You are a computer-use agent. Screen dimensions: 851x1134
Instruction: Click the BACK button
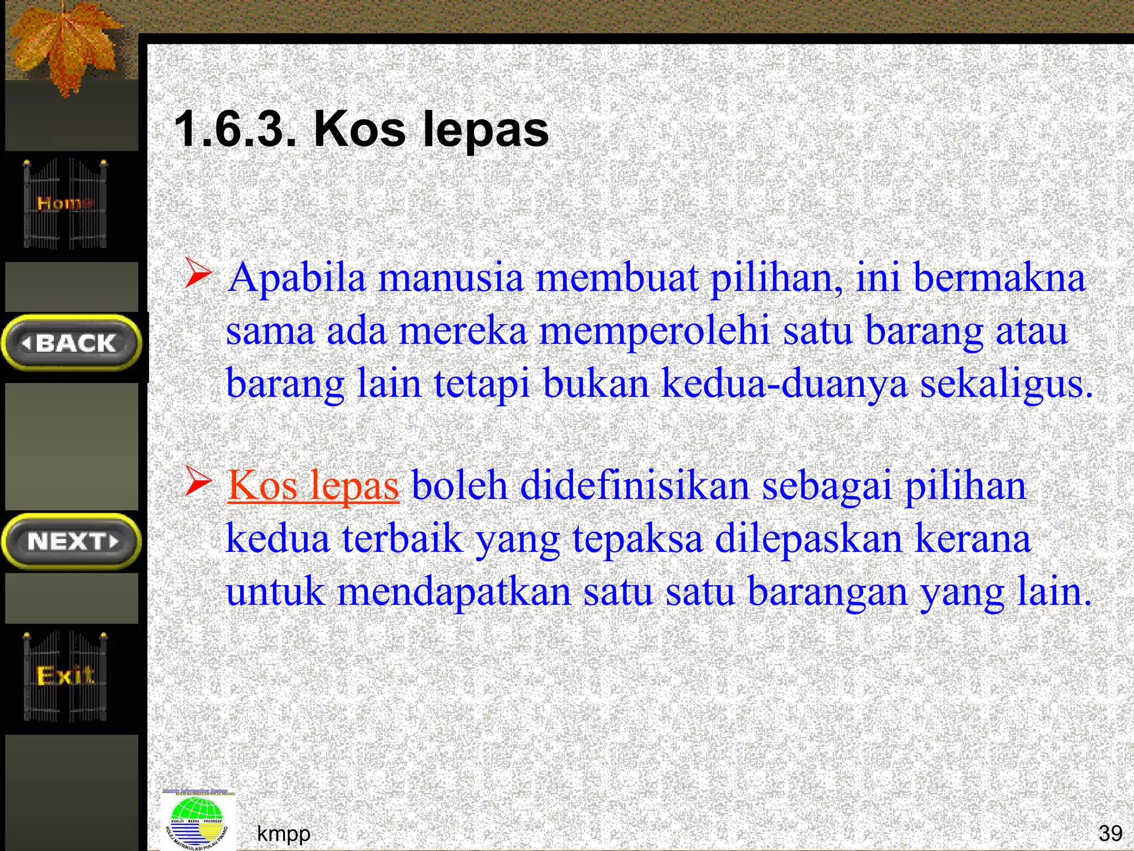tap(71, 343)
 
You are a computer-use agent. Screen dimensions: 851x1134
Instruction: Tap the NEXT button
tap(71, 541)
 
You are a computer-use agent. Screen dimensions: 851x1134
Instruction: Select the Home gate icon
tap(65, 203)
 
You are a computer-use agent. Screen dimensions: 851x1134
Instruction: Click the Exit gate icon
tap(65, 676)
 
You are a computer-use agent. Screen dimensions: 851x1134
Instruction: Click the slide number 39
tap(1110, 833)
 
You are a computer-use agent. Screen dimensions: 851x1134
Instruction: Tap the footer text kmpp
tap(283, 833)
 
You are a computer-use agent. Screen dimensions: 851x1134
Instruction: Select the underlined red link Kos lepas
tap(313, 486)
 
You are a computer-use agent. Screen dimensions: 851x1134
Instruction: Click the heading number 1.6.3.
tap(235, 129)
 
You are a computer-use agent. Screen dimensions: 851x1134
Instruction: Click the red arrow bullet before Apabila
tap(198, 273)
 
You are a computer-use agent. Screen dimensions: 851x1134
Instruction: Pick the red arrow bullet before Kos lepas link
tap(198, 481)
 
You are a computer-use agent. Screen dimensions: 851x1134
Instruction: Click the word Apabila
tap(297, 278)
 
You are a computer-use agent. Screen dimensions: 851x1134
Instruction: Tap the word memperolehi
tap(654, 331)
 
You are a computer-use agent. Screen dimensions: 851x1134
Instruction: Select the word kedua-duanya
tap(785, 383)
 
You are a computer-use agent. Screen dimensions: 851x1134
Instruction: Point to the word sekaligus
tap(1006, 383)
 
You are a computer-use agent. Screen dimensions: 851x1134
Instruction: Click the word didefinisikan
tap(635, 486)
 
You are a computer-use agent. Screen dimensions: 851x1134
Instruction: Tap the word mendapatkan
tap(454, 592)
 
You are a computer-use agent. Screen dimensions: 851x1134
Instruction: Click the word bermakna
tap(999, 278)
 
